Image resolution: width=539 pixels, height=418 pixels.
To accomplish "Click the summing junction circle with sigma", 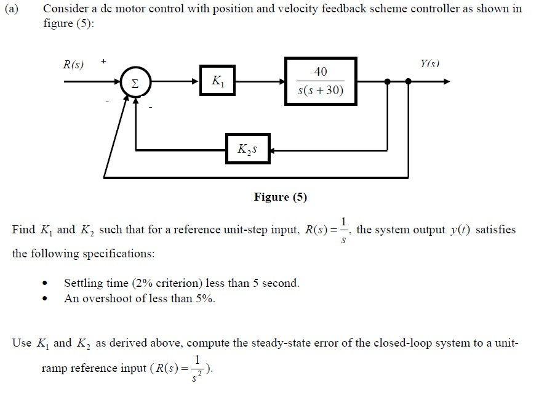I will point(135,81).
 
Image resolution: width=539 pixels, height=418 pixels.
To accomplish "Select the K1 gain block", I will point(217,81).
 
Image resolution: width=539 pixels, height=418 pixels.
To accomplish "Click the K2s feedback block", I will point(247,149).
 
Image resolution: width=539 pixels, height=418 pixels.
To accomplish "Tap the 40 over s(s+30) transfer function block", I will point(321,81).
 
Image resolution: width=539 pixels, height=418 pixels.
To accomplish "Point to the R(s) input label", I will point(74,65).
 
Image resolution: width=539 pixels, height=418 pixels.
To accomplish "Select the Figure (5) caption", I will point(280,197).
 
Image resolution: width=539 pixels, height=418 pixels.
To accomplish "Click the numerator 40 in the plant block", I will point(321,72).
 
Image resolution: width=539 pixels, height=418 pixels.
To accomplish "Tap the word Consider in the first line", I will point(65,9).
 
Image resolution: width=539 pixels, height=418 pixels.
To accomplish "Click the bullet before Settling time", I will point(46,284).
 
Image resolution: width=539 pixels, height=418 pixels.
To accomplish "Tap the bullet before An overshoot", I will point(46,300).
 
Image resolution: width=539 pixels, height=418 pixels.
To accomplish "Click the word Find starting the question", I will point(24,230).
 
